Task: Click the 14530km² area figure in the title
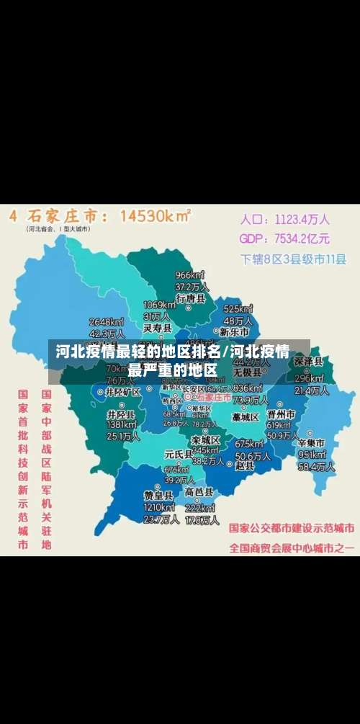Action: coord(155,216)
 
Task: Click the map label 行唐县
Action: coord(191,298)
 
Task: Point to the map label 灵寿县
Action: coord(157,328)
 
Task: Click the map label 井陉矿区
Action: coord(123,392)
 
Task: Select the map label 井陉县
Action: coord(121,415)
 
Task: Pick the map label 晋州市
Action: coord(281,415)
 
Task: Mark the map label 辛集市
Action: coord(311,442)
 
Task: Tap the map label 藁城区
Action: coord(245,417)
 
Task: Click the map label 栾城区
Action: coord(205,439)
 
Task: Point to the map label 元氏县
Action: coord(178,455)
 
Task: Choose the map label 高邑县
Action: coord(199,492)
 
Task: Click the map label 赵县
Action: coord(246,465)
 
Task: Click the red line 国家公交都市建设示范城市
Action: coord(292,527)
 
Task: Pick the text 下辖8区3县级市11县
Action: coord(293,259)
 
